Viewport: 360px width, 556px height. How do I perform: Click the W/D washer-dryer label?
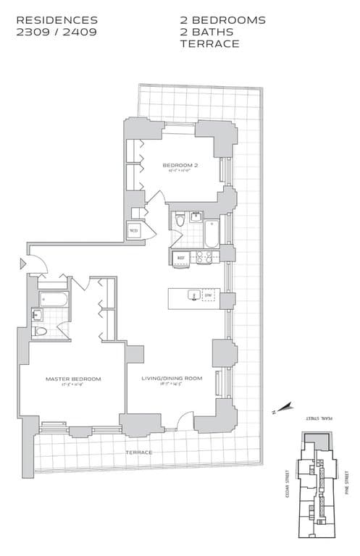click(133, 232)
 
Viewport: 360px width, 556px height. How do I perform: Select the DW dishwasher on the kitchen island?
click(208, 295)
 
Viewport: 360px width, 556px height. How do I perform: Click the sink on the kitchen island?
click(192, 295)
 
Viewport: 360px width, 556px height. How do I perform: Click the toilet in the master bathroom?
click(41, 332)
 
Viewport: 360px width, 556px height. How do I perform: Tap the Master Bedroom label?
click(73, 379)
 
